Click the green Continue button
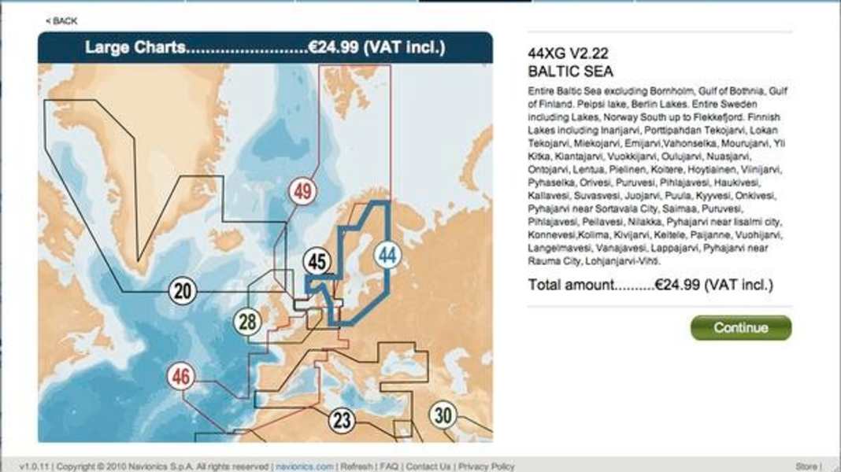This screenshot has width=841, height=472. point(740,328)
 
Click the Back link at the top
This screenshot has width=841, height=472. point(61,21)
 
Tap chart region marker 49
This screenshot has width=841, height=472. point(302,191)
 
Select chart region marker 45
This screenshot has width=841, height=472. point(317,261)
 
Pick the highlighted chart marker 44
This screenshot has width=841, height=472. point(386,255)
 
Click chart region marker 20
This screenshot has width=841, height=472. point(182,292)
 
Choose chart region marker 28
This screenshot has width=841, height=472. point(247,322)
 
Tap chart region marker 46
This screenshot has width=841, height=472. point(182,377)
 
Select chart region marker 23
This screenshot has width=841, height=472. point(340,419)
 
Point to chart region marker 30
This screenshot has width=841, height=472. point(443,415)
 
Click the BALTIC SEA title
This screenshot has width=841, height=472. point(565,71)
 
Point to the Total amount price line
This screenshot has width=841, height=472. point(650,284)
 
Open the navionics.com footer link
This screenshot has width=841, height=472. point(304,466)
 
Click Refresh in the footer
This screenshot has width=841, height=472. point(357,466)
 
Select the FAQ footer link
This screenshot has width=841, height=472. point(389,466)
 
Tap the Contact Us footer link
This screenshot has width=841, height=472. point(428,466)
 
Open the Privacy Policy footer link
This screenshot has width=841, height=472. point(487,466)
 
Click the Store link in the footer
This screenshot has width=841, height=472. point(806,466)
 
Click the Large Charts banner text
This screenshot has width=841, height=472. point(265,47)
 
